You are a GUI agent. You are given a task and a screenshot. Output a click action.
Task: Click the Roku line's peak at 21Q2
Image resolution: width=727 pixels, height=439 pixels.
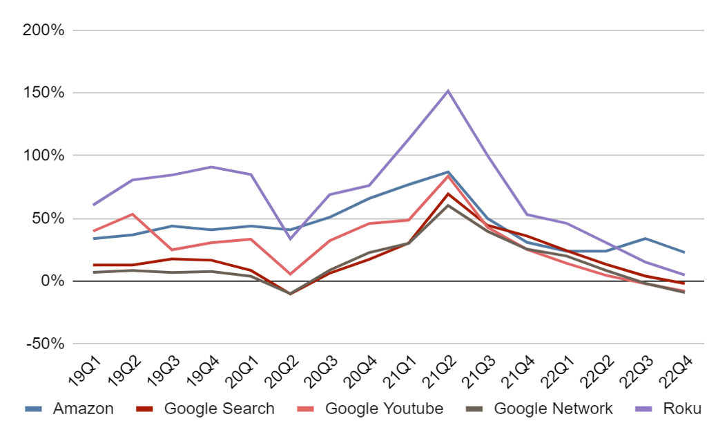(448, 91)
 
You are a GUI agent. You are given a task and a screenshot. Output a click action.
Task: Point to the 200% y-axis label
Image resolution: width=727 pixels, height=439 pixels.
(43, 30)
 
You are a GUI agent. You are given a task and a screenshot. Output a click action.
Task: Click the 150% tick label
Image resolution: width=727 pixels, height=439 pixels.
(43, 93)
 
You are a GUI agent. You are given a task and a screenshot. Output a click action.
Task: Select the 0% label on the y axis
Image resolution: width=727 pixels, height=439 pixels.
(52, 281)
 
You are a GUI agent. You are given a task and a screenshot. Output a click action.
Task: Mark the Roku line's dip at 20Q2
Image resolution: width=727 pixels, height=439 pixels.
(290, 239)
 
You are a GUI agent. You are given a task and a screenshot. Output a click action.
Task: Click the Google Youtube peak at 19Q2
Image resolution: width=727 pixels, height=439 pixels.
(132, 214)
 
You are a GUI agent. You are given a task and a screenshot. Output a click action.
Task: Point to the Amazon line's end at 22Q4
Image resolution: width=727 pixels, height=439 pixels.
(684, 252)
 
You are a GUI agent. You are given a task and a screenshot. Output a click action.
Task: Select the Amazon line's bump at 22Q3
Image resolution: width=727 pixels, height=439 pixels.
(645, 239)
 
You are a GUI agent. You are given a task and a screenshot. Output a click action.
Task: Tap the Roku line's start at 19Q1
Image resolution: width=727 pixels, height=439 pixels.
(93, 205)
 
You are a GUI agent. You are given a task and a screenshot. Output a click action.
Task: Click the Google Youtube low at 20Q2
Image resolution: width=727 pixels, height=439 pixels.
(290, 274)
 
